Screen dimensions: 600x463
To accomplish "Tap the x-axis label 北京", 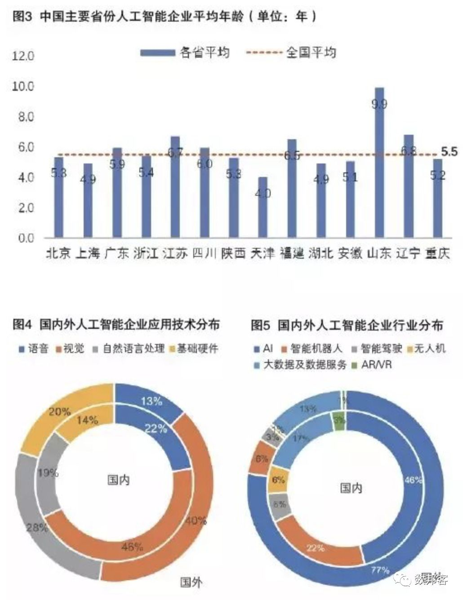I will coord(58,253).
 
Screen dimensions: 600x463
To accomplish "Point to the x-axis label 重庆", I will coord(437,253).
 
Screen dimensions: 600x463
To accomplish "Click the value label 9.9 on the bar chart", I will coord(379,104).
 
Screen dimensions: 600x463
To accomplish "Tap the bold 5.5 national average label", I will coord(449,152).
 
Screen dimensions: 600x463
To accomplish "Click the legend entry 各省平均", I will coord(205,53).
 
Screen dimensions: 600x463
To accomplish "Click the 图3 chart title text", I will coord(165,17).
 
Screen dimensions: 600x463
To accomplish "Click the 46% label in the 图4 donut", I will coord(132,547).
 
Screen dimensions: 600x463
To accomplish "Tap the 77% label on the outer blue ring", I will coord(380,570).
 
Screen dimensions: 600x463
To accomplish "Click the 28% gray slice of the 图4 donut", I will coord(37,528).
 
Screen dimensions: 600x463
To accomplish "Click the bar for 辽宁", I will coord(408,186).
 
